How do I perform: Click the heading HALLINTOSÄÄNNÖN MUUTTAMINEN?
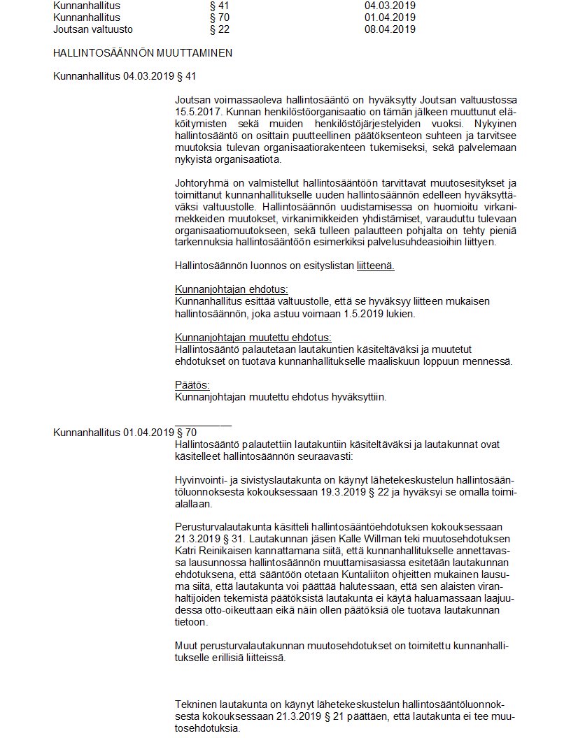tap(143, 52)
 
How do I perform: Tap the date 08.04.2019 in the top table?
tap(390, 29)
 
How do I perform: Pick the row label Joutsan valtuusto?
tap(93, 29)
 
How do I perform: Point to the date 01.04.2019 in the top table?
tap(390, 17)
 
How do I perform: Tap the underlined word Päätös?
tap(192, 385)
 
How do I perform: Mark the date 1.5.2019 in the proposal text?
tap(365, 313)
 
